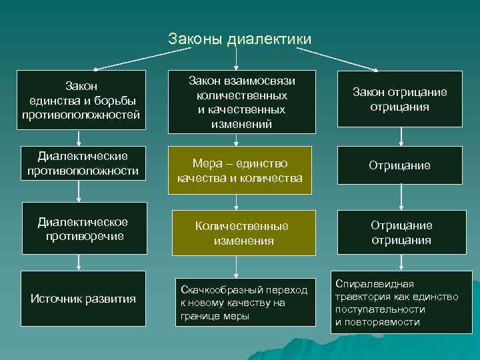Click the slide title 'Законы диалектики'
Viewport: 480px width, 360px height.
tap(239, 39)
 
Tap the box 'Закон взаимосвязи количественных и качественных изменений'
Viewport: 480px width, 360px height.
tap(242, 101)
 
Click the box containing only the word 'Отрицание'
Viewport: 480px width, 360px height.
tap(399, 165)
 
